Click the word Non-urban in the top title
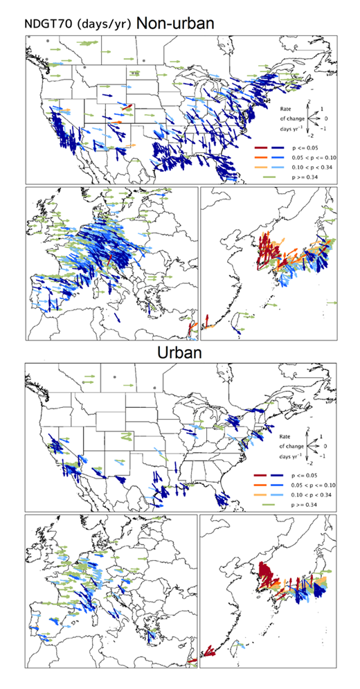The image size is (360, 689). [174, 23]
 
